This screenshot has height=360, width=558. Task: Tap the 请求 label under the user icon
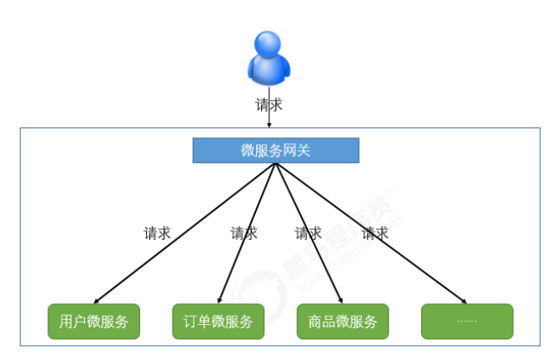[269, 104]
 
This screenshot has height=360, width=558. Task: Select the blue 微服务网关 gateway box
[276, 150]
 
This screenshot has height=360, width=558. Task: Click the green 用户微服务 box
[93, 322]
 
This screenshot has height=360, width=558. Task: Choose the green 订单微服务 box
[218, 322]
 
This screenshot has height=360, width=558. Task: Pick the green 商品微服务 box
[342, 322]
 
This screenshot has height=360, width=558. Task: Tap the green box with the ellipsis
[467, 322]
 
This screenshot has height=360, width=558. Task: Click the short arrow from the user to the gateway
[269, 121]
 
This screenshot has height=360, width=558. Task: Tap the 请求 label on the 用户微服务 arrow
[157, 233]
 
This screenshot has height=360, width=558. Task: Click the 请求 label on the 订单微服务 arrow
[244, 233]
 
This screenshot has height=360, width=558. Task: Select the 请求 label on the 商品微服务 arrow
[308, 233]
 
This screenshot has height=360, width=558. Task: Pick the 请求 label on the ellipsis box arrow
[375, 233]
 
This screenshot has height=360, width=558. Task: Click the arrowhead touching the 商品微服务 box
[340, 300]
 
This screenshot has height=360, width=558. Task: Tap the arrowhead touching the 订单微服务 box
[219, 300]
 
